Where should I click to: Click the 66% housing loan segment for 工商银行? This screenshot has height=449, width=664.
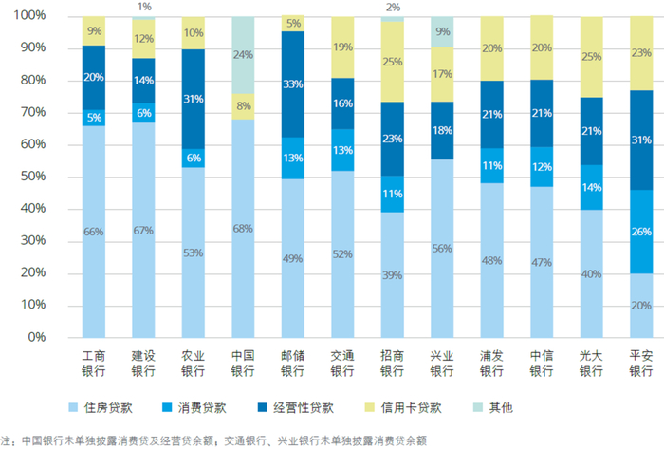94,232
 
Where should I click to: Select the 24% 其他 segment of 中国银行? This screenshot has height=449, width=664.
243,55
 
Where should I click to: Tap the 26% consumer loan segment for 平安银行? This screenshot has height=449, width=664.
641,232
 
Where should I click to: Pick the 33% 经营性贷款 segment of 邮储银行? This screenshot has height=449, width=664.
293,84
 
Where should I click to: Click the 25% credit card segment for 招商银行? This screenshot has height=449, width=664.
393,62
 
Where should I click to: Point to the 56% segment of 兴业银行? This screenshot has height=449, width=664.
442,248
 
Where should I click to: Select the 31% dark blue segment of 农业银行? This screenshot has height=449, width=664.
194,100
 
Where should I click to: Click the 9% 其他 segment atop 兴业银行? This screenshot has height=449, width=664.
442,31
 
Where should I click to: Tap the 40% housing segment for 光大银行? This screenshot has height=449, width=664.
591,273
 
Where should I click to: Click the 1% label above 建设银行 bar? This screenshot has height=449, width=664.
144,7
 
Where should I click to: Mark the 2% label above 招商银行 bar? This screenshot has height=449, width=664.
393,7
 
